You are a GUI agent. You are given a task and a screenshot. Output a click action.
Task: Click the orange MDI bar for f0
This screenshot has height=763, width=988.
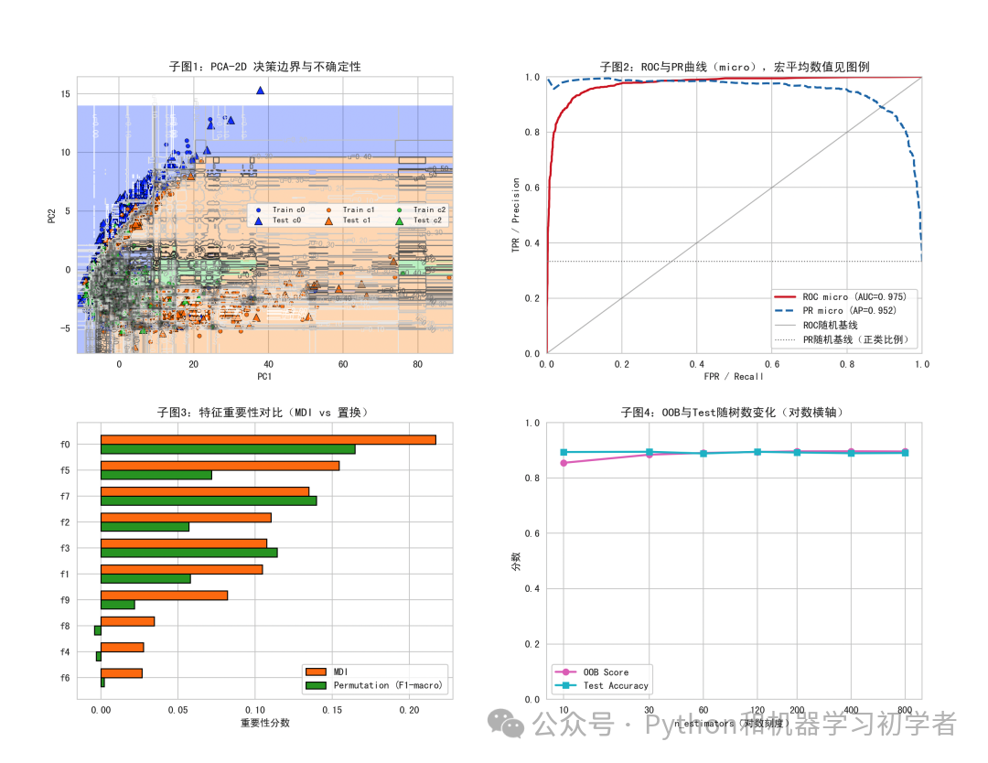pyautogui.click(x=267, y=439)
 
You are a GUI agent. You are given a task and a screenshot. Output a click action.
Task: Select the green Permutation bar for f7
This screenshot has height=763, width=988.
pyautogui.click(x=209, y=500)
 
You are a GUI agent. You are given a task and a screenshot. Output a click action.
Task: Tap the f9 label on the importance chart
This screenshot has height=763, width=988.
pyautogui.click(x=64, y=600)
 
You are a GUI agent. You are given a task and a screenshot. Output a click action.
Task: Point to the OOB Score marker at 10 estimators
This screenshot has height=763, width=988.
pyautogui.click(x=564, y=463)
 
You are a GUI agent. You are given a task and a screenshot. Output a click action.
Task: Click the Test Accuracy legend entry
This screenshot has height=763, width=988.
pyautogui.click(x=615, y=685)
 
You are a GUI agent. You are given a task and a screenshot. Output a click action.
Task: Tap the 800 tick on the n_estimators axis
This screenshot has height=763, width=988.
pyautogui.click(x=905, y=709)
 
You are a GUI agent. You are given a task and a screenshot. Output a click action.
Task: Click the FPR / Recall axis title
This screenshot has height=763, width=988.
pyautogui.click(x=734, y=376)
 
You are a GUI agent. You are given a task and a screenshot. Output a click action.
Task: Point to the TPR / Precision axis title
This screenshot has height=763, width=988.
pyautogui.click(x=516, y=215)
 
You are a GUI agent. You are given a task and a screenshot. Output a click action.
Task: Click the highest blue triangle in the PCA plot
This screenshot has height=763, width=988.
pyautogui.click(x=260, y=91)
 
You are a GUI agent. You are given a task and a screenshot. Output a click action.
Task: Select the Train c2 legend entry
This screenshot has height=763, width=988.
pyautogui.click(x=423, y=210)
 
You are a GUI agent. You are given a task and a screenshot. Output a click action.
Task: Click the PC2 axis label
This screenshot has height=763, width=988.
pyautogui.click(x=52, y=215)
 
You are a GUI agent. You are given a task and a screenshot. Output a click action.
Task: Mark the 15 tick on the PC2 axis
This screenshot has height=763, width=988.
pyautogui.click(x=65, y=93)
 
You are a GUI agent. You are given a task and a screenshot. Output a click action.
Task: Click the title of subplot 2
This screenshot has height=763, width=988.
pyautogui.click(x=734, y=67)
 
